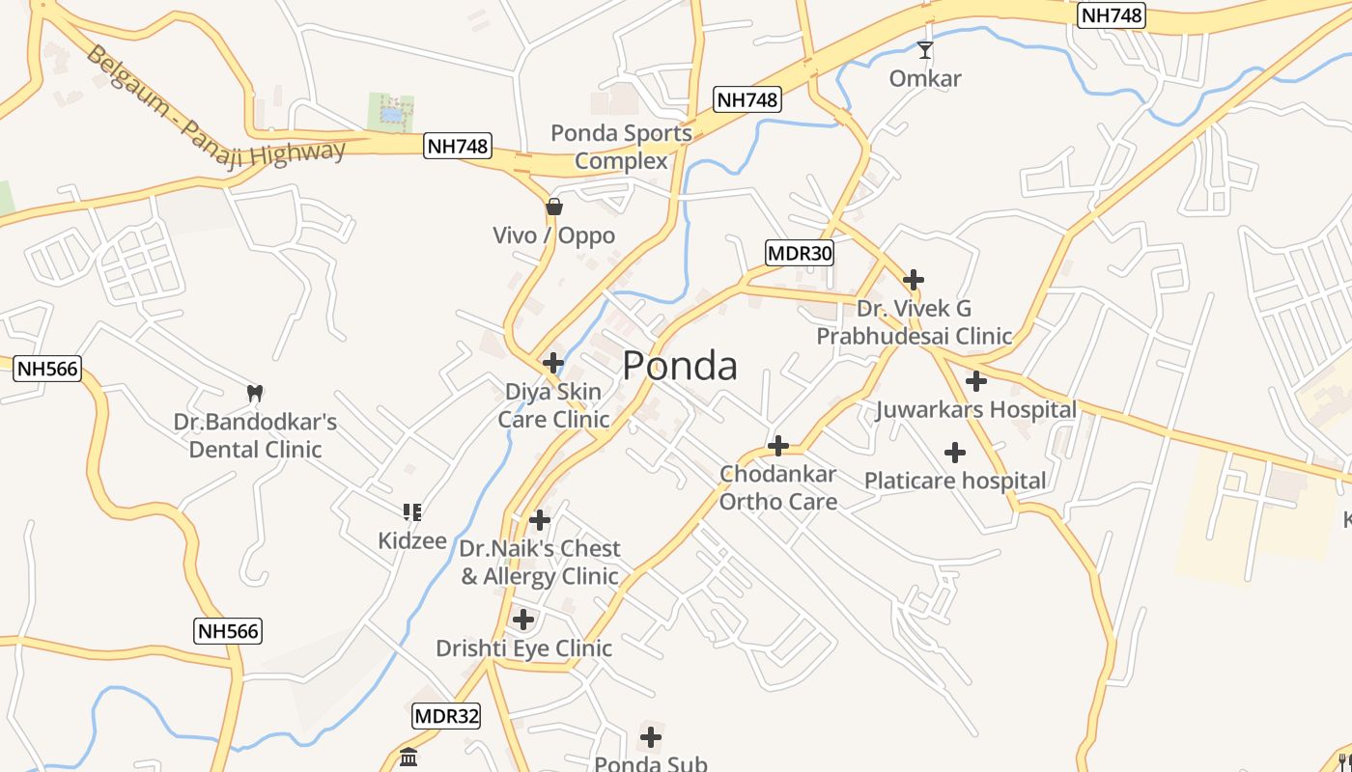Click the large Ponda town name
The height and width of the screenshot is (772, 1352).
[x=680, y=366]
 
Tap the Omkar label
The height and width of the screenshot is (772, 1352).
[x=925, y=78]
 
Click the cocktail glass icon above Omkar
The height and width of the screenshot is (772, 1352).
[x=925, y=49]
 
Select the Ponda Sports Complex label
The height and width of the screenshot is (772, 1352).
[x=621, y=147]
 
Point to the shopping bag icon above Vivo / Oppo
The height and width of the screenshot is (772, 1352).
[x=554, y=206]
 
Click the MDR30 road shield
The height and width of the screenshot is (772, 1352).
[x=800, y=253]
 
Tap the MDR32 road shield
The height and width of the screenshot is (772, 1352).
[x=446, y=716]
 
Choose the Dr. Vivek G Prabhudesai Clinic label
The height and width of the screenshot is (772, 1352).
[x=914, y=322]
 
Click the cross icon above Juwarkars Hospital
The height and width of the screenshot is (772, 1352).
[x=976, y=381]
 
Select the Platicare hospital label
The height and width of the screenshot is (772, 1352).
[x=954, y=481]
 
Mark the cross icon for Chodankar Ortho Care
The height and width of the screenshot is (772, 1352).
[x=777, y=446]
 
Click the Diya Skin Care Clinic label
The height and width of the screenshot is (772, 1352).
[x=553, y=405]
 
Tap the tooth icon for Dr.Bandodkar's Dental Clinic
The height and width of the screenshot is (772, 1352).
[x=255, y=393]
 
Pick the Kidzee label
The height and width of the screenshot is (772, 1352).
[x=412, y=540]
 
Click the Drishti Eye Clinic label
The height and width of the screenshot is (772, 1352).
[x=523, y=648]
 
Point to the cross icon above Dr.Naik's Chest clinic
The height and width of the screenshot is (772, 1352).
[x=540, y=520]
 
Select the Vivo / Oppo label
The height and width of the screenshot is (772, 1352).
[x=553, y=235]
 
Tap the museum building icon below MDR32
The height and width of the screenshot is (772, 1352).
[x=408, y=757]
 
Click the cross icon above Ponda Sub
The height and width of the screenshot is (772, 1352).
[x=651, y=737]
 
